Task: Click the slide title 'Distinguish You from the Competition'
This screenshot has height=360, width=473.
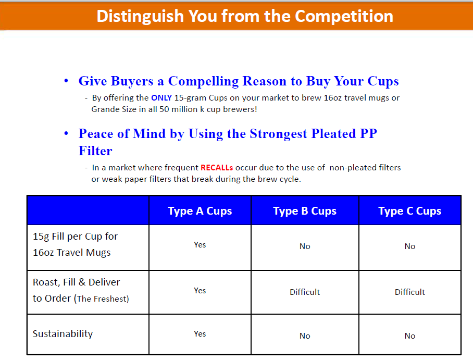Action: tap(245, 16)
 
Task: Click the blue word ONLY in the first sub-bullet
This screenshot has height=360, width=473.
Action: tap(161, 98)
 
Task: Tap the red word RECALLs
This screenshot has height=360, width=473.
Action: tap(217, 167)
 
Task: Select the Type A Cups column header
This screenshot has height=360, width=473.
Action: tap(200, 211)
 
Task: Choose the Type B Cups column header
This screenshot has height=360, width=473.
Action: tap(305, 211)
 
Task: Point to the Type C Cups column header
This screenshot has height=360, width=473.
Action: tap(409, 211)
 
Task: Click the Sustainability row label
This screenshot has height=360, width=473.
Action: tap(63, 334)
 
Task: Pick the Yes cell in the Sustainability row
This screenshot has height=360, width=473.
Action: tap(200, 334)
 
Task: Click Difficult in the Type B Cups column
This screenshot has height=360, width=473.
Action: tap(305, 292)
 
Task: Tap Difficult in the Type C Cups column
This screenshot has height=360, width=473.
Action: tap(409, 292)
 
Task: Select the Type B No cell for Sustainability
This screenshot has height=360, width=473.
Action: tap(305, 336)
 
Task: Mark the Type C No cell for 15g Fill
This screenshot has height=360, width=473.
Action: tap(409, 246)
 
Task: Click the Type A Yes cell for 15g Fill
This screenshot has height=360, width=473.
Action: tap(200, 245)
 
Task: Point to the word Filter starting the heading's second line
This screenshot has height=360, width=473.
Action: tap(95, 151)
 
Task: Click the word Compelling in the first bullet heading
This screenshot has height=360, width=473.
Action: tap(203, 81)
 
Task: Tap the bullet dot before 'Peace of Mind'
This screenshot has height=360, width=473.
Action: tap(66, 133)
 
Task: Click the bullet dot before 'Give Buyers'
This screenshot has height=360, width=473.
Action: tap(66, 81)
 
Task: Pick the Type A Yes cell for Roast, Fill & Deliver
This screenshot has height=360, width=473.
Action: tap(200, 291)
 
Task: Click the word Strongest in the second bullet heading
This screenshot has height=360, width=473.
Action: tap(278, 134)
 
